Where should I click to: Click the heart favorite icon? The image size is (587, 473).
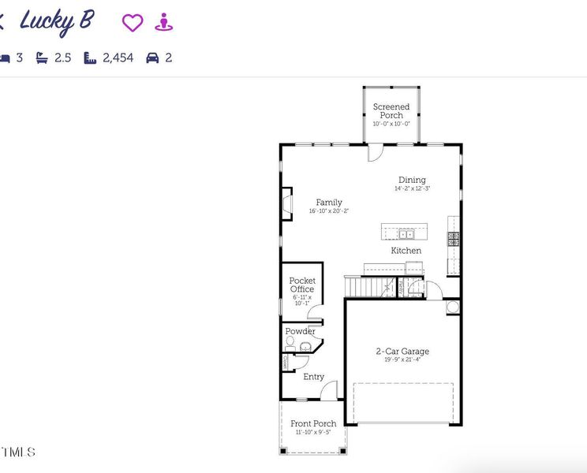coord(133,23)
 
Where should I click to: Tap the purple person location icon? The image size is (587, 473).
coord(163,22)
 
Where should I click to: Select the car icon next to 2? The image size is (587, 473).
coord(153,58)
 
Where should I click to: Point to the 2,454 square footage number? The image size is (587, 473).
coord(118,58)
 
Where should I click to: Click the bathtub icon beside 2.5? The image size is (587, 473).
coord(42,58)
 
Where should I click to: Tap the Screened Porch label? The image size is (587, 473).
coord(391,110)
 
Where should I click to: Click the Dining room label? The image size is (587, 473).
coord(412,180)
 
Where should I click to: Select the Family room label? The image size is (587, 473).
coord(329,202)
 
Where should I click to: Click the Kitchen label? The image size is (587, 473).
coord(406,251)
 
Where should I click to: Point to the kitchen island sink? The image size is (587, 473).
coord(406,233)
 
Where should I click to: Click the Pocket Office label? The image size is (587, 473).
coord(302,285)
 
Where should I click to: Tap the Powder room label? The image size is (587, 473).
coord(300,331)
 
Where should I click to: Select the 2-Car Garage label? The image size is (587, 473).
coord(402,351)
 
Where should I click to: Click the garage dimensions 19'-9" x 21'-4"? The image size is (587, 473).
coord(402,360)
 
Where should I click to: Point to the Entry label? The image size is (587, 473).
coord(313,377)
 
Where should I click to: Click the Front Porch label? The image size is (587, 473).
coord(313,423)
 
